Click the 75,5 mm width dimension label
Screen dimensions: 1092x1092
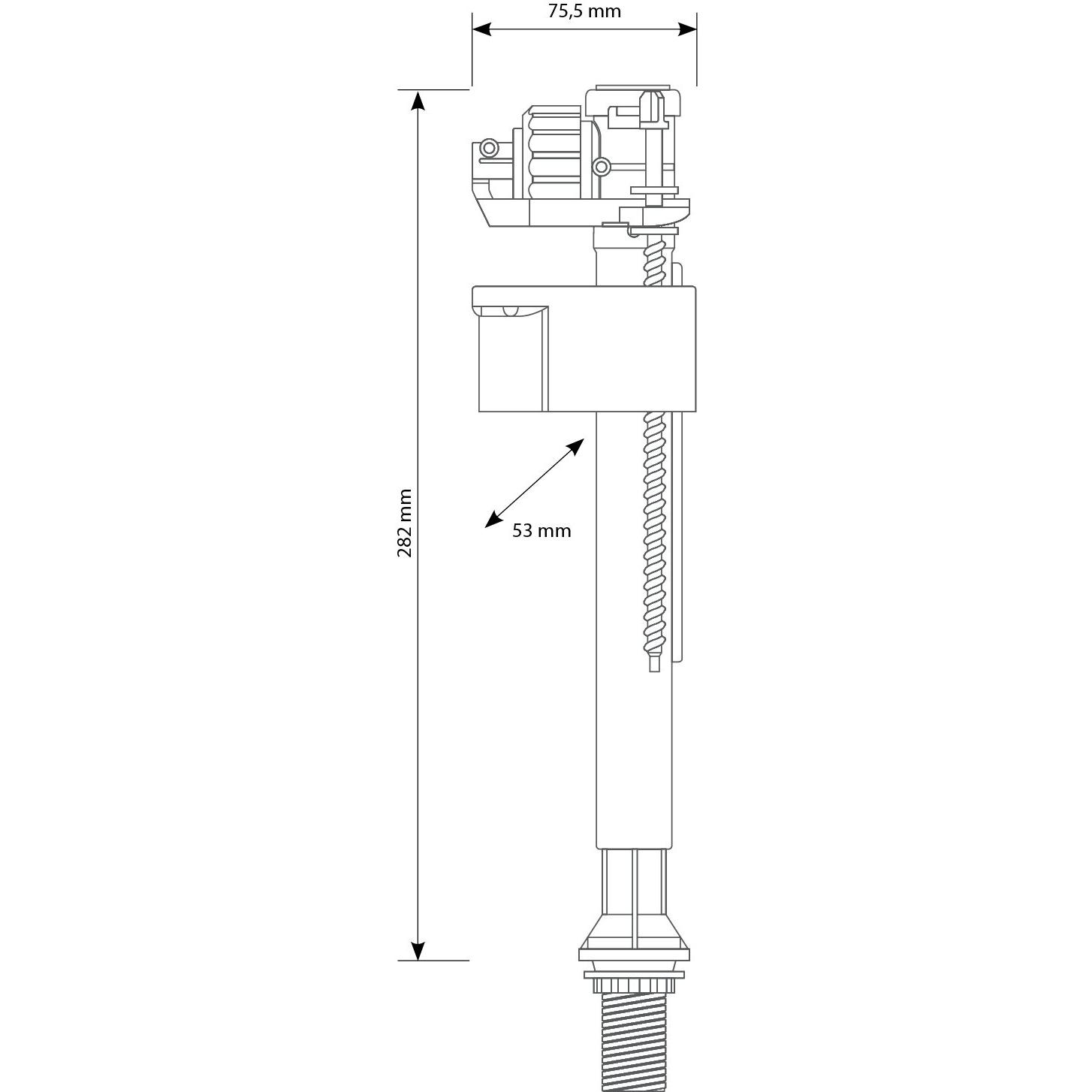pos(584,11)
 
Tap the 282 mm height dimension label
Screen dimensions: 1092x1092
pos(405,523)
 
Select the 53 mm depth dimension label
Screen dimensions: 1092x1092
pos(541,531)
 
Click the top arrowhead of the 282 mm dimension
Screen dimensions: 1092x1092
pos(418,100)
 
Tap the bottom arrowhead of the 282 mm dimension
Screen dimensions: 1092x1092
pos(418,950)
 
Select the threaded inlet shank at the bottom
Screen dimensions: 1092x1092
pos(635,1044)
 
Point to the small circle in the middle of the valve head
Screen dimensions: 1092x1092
pos(601,166)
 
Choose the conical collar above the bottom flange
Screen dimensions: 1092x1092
pos(635,931)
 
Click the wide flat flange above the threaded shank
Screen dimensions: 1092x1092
pos(635,955)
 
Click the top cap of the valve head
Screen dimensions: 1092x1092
pos(632,93)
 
